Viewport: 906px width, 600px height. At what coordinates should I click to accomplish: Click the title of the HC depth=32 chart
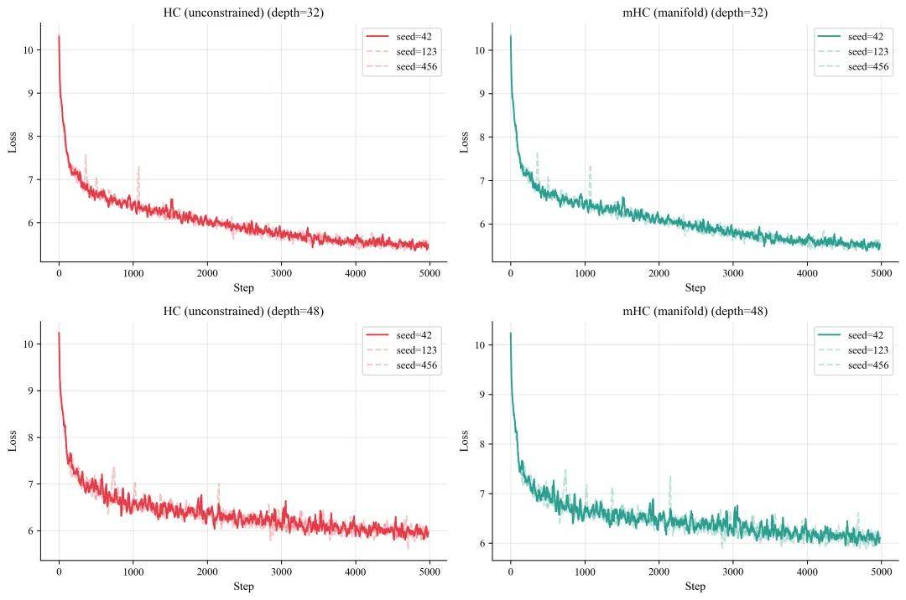[x=243, y=13]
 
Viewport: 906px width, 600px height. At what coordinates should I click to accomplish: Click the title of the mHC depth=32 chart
[x=695, y=13]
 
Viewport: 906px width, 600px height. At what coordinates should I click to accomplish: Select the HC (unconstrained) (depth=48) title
[x=243, y=311]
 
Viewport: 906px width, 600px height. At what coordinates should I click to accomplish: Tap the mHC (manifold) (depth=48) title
[x=695, y=311]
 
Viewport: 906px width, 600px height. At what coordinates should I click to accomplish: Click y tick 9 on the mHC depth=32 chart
[x=482, y=94]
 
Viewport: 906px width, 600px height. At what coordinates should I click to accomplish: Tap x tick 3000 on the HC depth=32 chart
[x=281, y=272]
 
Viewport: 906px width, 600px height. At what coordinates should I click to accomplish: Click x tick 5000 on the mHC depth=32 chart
[x=881, y=272]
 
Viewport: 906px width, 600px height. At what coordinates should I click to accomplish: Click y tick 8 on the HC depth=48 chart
[x=30, y=437]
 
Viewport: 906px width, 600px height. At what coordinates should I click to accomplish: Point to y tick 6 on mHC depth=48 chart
[x=482, y=543]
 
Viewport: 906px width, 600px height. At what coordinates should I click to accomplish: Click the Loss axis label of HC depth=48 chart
[x=13, y=440]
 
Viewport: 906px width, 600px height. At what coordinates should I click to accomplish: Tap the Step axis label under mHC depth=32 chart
[x=695, y=287]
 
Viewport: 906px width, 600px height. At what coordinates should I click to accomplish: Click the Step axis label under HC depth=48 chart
[x=243, y=586]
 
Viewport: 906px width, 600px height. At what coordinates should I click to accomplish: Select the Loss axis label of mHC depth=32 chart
[x=465, y=142]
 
